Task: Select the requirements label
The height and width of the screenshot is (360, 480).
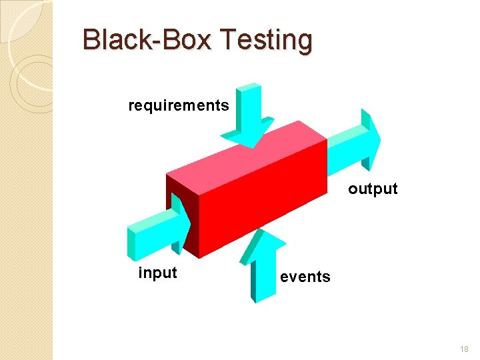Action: pos(179,105)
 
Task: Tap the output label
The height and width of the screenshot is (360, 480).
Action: pos(373,189)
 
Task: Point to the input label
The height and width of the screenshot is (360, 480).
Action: pos(157,273)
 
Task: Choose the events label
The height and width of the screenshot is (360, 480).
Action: pos(305,277)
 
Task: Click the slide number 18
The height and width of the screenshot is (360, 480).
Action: pos(464,349)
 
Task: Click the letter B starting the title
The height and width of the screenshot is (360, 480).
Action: pos(91,41)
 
